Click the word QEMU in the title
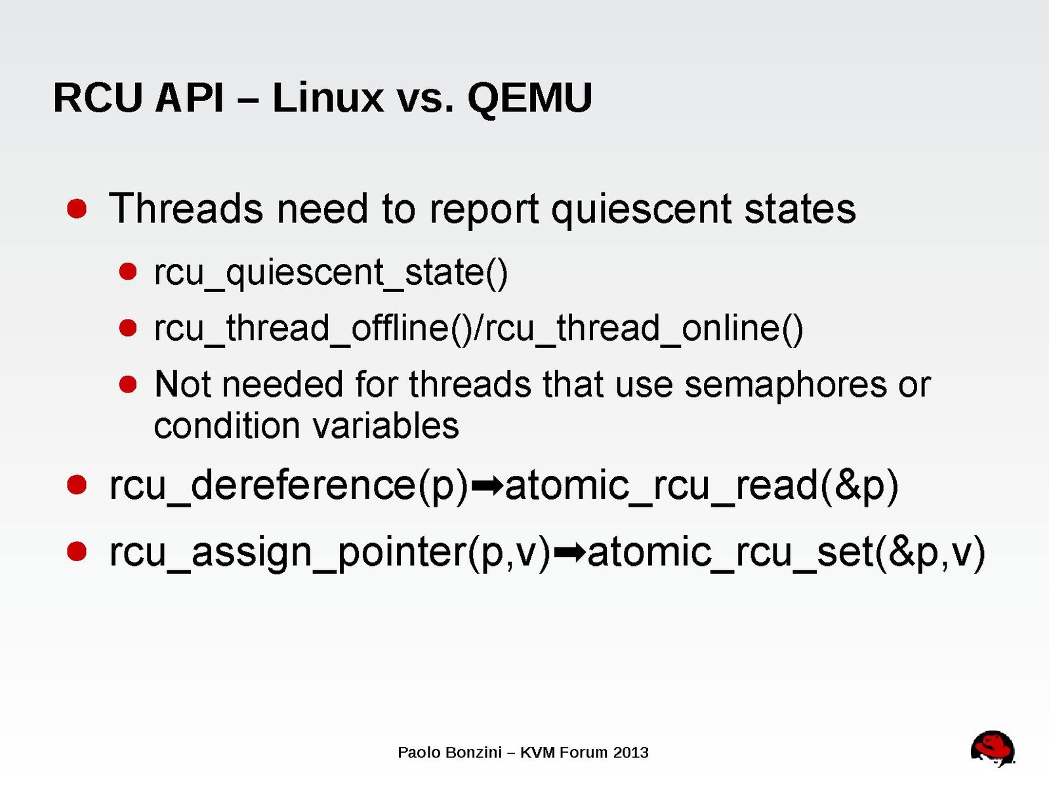[530, 98]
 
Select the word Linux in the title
[328, 97]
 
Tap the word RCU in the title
[98, 98]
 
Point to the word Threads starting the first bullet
[186, 208]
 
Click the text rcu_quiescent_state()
[331, 274]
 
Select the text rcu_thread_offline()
[313, 329]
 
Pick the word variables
[386, 425]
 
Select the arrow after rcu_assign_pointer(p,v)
[569, 553]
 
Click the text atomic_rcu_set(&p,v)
[786, 553]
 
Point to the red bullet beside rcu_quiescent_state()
[128, 272]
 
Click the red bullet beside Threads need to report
[77, 209]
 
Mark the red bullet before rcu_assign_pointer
[77, 551]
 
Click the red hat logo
[993, 748]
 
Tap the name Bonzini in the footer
[474, 753]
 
